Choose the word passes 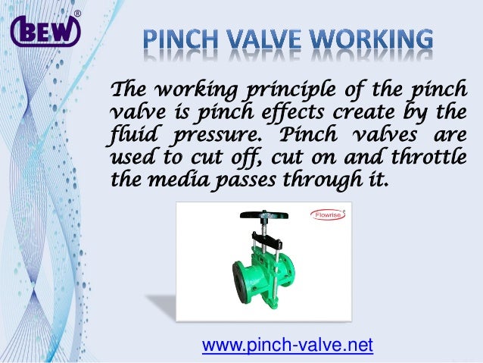pos(236,183)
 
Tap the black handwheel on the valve pos(265,214)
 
